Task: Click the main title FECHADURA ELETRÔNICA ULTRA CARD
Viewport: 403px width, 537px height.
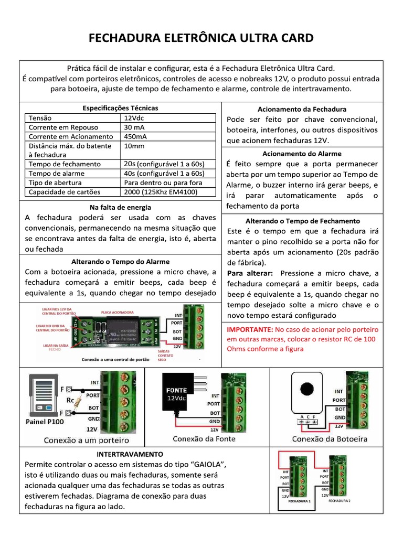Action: pyautogui.click(x=201, y=38)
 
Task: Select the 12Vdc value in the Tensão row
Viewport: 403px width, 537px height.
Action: pyautogui.click(x=135, y=118)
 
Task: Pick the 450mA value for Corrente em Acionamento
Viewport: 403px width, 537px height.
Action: pyautogui.click(x=135, y=136)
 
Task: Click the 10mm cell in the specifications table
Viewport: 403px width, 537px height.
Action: pyautogui.click(x=134, y=146)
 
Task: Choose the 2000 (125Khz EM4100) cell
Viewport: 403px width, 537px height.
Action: pyautogui.click(x=165, y=192)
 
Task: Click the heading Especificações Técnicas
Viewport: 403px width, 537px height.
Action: pyautogui.click(x=120, y=108)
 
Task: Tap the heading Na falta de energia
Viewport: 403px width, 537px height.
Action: pyautogui.click(x=120, y=207)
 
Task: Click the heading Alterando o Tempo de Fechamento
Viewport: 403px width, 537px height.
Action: pyautogui.click(x=302, y=221)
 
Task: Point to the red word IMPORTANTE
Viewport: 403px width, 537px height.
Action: pyautogui.click(x=249, y=329)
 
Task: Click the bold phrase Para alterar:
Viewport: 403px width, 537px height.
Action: pyautogui.click(x=249, y=273)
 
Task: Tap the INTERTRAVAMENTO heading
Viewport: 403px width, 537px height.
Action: pyautogui.click(x=130, y=454)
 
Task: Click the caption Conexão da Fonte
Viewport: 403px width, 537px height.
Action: pyautogui.click(x=204, y=438)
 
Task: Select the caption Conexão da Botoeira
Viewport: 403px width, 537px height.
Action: pyautogui.click(x=330, y=439)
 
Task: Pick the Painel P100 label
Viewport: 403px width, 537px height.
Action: pyautogui.click(x=44, y=422)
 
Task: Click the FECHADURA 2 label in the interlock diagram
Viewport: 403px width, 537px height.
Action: pyautogui.click(x=339, y=501)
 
